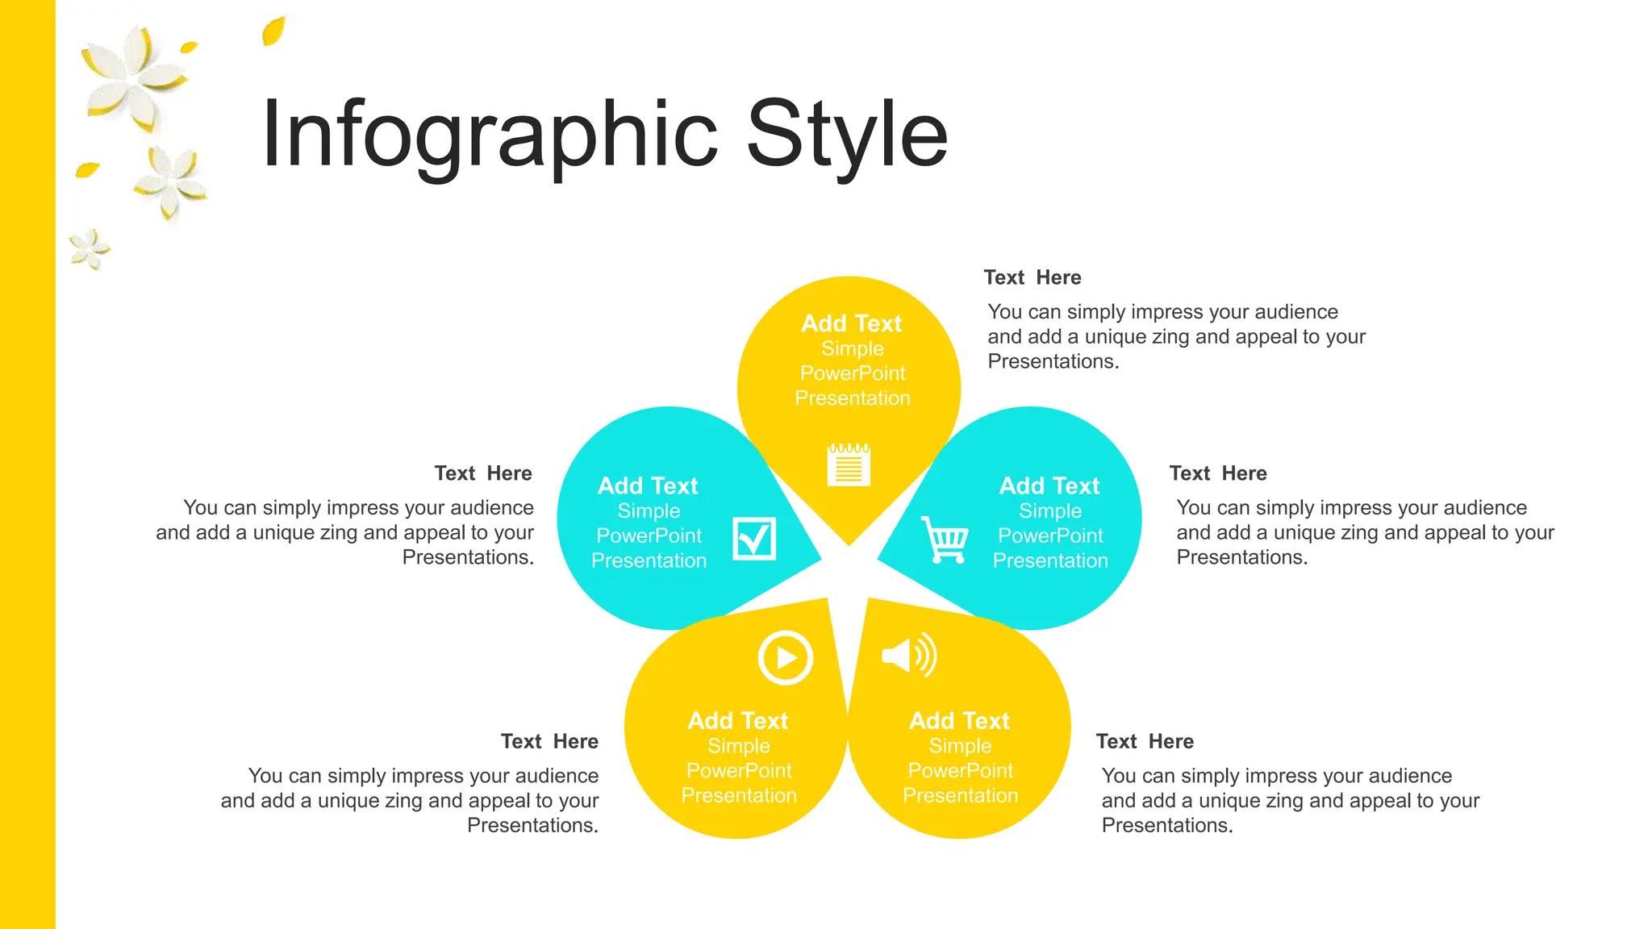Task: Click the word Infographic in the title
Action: (489, 135)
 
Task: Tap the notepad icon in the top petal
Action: (849, 464)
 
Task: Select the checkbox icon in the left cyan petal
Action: (754, 539)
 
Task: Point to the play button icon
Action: (785, 658)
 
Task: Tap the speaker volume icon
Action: (909, 655)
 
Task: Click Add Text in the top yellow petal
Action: (851, 323)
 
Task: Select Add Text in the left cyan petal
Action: (648, 485)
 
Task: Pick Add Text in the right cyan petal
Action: (1049, 485)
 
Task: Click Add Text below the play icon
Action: (737, 720)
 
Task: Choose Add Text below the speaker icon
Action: (959, 720)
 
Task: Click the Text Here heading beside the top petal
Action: (1032, 277)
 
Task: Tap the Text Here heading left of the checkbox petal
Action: (483, 473)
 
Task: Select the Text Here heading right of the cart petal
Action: (1218, 473)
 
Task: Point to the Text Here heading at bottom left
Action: (549, 741)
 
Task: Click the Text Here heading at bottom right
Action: (1145, 741)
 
